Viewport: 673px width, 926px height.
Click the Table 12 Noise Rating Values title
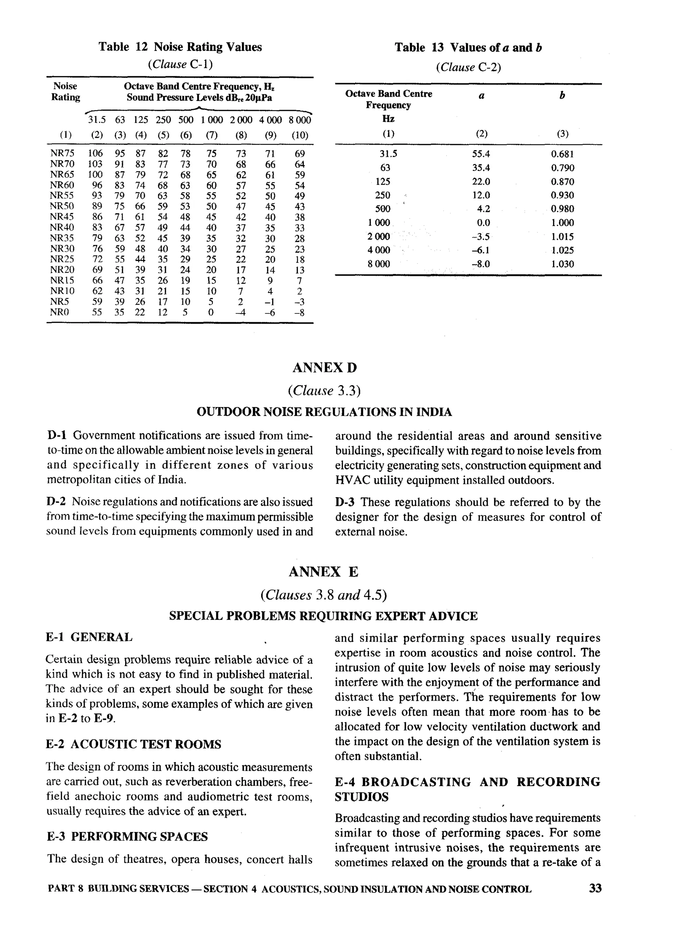180,47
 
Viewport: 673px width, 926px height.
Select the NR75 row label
62,153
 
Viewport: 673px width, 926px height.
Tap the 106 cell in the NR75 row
95,153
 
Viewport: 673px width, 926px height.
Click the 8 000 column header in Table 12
300,120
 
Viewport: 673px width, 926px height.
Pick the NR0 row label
59,313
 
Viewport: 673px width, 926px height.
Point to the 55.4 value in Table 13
481,154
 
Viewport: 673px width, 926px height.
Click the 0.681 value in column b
562,154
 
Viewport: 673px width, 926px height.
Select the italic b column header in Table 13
562,96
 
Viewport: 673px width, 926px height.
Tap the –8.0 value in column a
481,264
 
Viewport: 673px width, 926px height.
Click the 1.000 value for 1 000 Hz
562,223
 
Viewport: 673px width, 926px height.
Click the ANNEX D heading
324,368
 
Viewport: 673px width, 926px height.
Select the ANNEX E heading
323,572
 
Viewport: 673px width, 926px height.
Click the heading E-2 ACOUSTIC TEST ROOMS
133,744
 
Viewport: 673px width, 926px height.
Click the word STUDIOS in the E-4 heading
361,797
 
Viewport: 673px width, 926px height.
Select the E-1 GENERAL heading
89,637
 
